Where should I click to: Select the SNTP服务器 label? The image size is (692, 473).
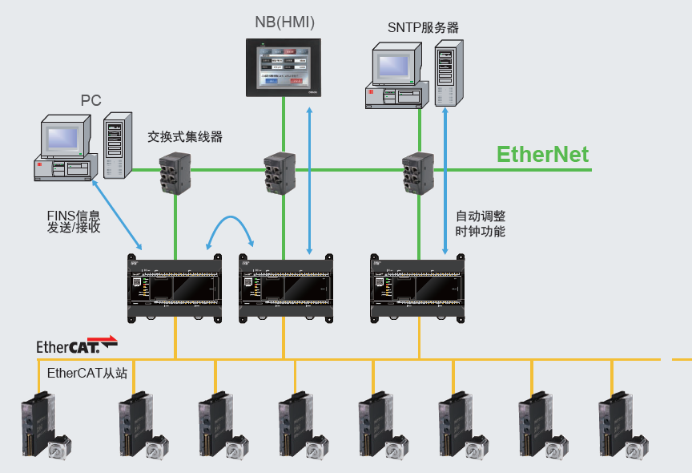coord(423,28)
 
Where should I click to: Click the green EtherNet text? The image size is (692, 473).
coord(542,155)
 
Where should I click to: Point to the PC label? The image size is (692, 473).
coord(91,100)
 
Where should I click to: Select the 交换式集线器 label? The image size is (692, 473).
coord(185,137)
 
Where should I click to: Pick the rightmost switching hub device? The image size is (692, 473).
coord(419,171)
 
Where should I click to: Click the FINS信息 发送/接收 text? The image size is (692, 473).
coord(74,221)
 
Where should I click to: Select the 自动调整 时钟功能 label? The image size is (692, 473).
coord(481,224)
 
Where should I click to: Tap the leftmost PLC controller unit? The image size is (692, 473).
coord(175,287)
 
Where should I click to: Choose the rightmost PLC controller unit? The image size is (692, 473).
coord(416,287)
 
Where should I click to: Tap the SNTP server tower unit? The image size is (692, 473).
coord(449,74)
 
